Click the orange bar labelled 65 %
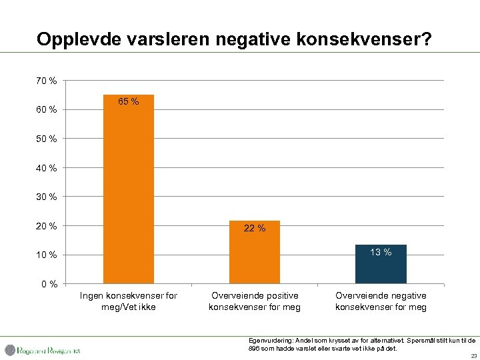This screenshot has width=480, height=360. pos(128,193)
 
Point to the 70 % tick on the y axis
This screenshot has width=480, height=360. pos(46,81)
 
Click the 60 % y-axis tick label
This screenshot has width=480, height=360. pos(46,109)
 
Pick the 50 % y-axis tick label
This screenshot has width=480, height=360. pos(46,139)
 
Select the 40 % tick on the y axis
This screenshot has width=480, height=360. pos(46,168)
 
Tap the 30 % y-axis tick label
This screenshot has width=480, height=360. pos(46,197)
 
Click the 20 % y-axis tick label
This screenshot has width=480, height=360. pos(46,226)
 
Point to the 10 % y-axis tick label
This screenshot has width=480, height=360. pos(46,255)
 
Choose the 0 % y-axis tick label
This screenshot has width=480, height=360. pos(49,285)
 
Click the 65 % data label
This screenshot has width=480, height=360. pos(128,102)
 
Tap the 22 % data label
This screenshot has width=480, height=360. pos(254,229)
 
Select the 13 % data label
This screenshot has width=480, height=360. pos(381,252)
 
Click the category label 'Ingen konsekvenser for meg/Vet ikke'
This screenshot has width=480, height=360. pos(128,301)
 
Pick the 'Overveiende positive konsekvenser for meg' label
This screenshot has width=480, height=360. pos(254,301)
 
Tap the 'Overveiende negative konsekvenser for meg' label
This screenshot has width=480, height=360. pos(381,301)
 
